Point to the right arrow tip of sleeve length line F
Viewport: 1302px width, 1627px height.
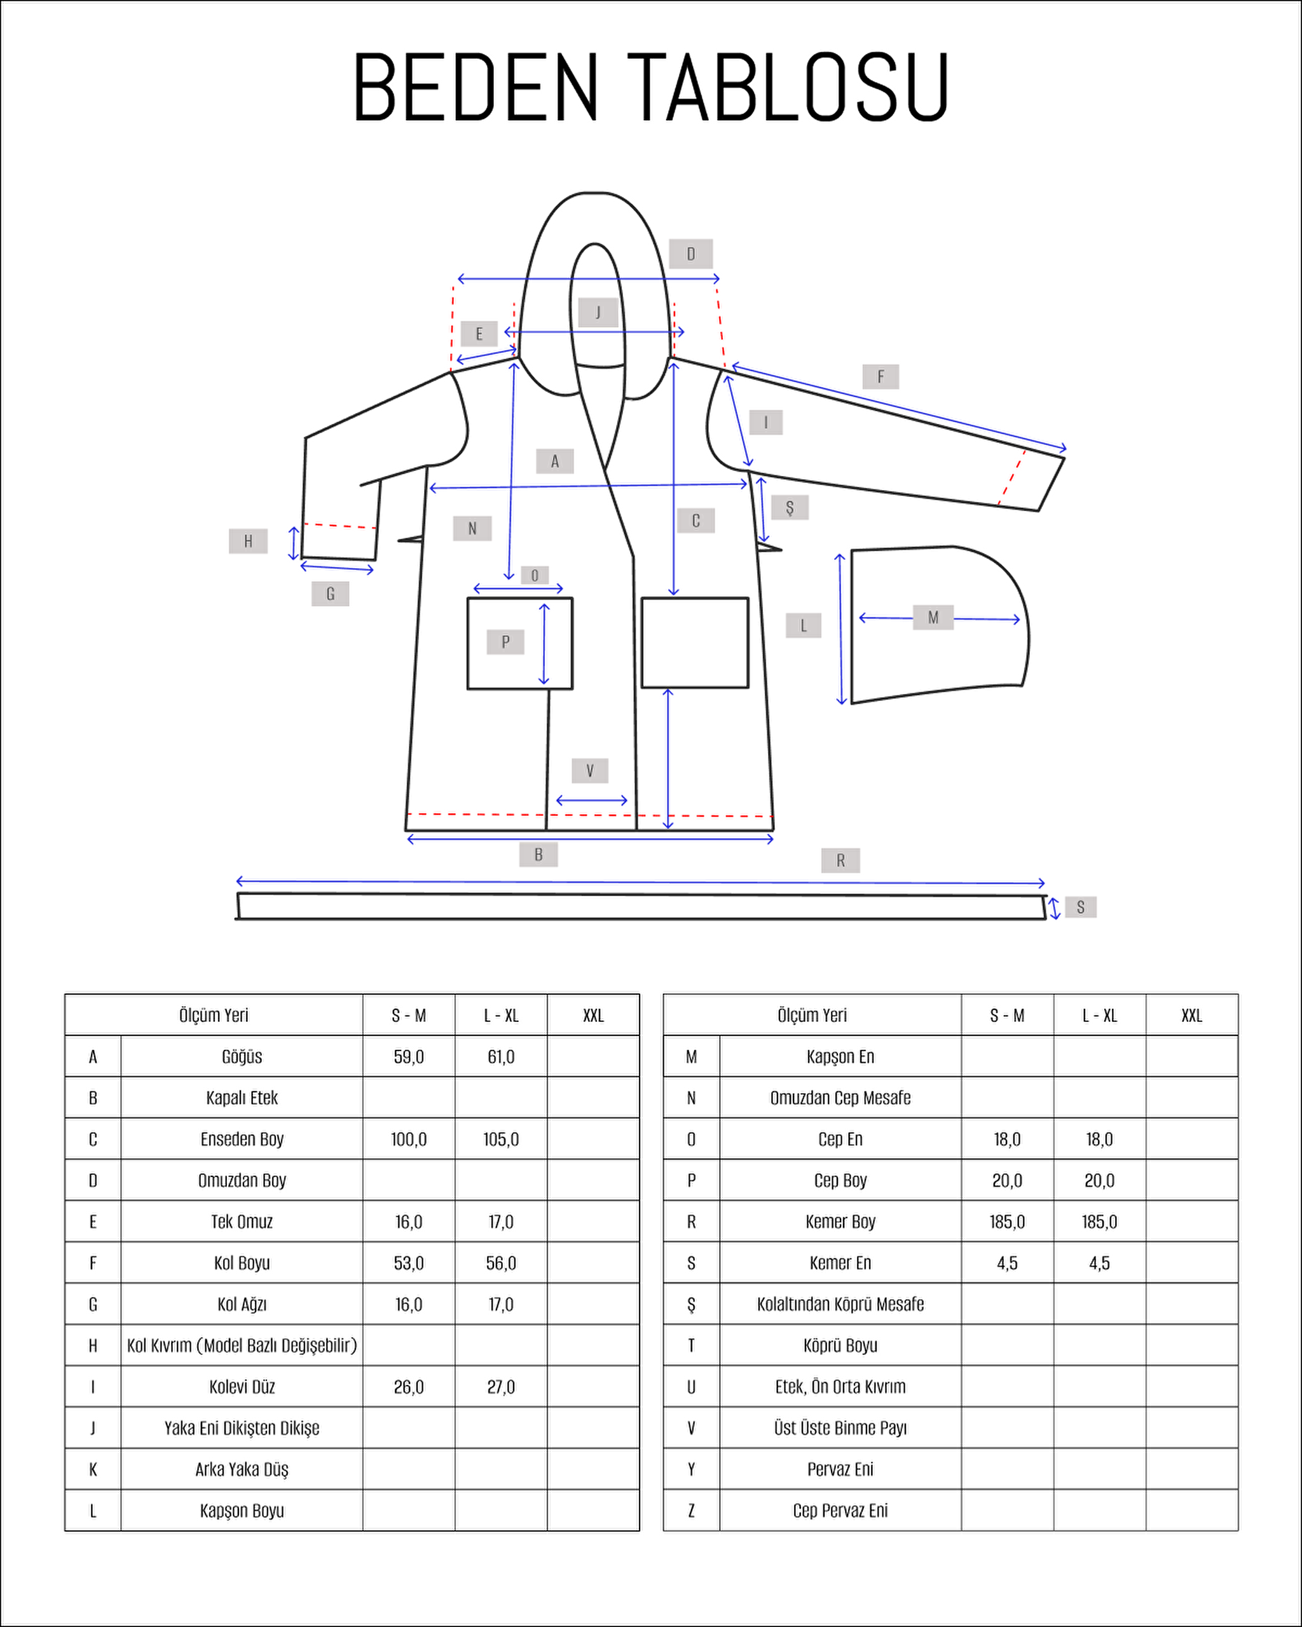point(1065,449)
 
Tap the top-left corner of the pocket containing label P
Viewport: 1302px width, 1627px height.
point(468,599)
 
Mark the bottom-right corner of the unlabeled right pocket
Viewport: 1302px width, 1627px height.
point(748,688)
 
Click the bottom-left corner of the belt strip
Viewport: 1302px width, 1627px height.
point(238,918)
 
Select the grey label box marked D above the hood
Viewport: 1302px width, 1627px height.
point(690,254)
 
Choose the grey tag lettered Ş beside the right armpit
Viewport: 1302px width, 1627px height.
point(790,507)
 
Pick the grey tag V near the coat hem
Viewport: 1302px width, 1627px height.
point(589,770)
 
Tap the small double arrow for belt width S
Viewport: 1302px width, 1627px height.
point(1055,908)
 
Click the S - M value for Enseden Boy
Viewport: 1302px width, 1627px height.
point(408,1140)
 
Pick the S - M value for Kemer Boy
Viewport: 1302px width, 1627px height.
point(1007,1222)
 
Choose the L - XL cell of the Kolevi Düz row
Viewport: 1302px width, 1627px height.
point(501,1387)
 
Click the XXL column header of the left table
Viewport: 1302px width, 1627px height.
point(593,1016)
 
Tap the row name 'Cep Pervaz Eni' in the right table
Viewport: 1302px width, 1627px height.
point(840,1511)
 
